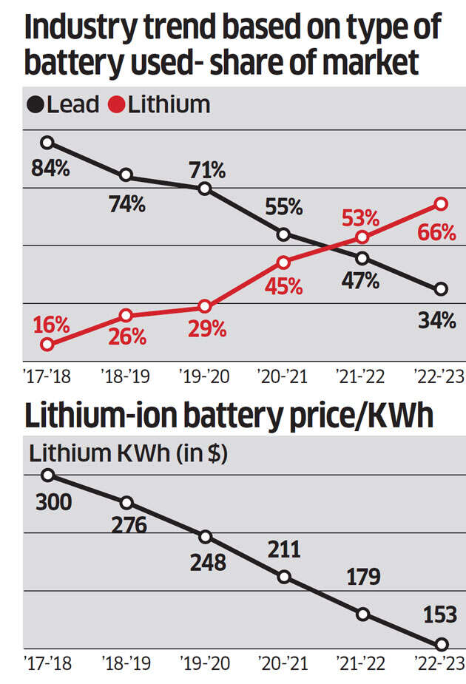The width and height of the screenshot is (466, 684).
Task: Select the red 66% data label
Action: click(x=436, y=232)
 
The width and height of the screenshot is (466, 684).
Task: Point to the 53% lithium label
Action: click(x=360, y=219)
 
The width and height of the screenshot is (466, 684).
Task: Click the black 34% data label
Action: click(x=436, y=321)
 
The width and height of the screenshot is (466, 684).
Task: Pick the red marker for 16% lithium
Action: click(x=47, y=344)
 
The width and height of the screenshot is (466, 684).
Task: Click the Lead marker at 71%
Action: click(x=205, y=189)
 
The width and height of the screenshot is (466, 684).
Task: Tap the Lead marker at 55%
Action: click(x=283, y=234)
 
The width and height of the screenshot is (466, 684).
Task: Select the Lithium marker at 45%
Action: click(x=283, y=262)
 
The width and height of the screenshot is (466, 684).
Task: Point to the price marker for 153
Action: click(x=442, y=644)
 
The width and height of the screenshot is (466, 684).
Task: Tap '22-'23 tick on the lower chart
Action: click(x=439, y=663)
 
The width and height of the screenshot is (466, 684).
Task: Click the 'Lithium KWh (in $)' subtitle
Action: click(x=128, y=453)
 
